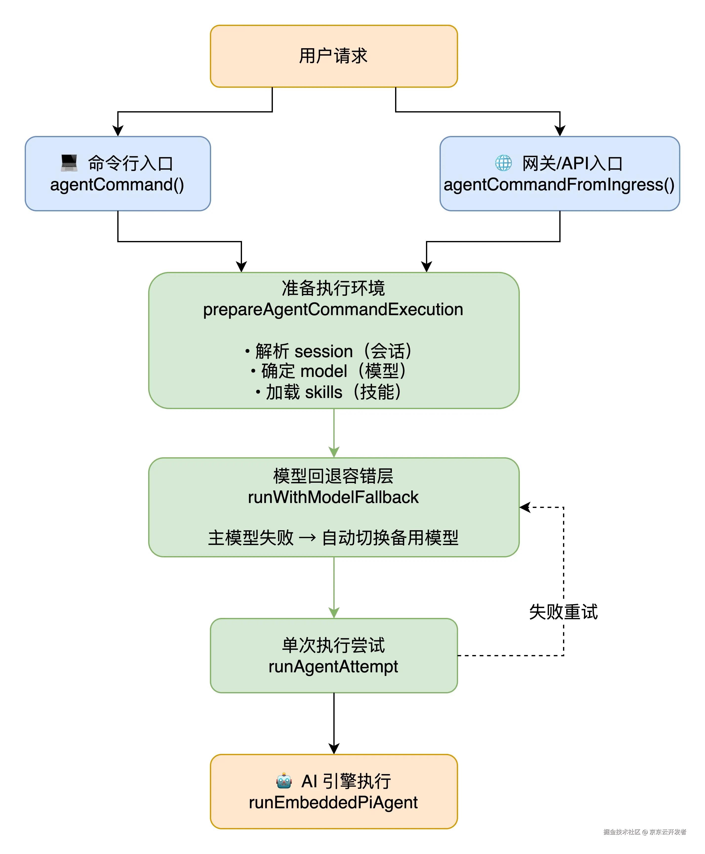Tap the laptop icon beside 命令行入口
coord(69,163)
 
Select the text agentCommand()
coord(117,185)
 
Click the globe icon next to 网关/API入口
coord(503,163)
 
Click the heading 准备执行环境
coord(333,288)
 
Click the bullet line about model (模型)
coord(329,371)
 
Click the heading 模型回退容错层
coord(333,476)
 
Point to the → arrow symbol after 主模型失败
coord(307,538)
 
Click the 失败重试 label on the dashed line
coord(563,612)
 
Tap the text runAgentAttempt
coord(333,667)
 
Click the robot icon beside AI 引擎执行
coord(284,780)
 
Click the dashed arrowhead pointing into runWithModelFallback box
coord(525,507)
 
